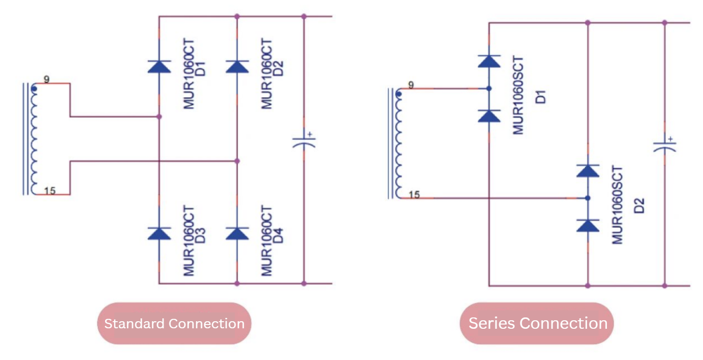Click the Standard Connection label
click(174, 324)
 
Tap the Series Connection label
click(537, 323)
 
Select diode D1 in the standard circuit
click(159, 67)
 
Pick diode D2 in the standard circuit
click(237, 67)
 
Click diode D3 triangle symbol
click(159, 234)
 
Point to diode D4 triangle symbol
click(237, 234)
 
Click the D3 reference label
click(200, 236)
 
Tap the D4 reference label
click(278, 236)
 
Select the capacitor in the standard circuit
click(304, 142)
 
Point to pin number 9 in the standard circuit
click(46, 79)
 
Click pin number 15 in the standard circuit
click(50, 191)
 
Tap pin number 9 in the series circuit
click(411, 85)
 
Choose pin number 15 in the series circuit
click(414, 194)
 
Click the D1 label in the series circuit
click(540, 97)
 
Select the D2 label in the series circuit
click(639, 206)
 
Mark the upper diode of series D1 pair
click(489, 61)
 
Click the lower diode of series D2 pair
click(588, 226)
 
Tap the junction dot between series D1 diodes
click(489, 89)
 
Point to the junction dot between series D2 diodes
click(588, 198)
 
